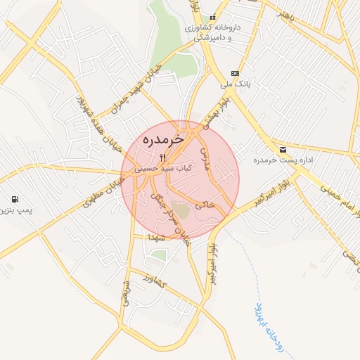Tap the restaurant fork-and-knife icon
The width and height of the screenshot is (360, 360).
pos(163,157)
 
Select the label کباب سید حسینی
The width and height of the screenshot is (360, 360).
pos(163,169)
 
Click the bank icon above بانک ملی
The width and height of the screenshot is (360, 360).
pos(235,73)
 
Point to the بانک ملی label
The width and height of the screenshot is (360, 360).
pos(235,84)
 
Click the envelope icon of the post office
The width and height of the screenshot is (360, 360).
pos(283,150)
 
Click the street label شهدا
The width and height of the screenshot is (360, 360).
pos(155,238)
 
